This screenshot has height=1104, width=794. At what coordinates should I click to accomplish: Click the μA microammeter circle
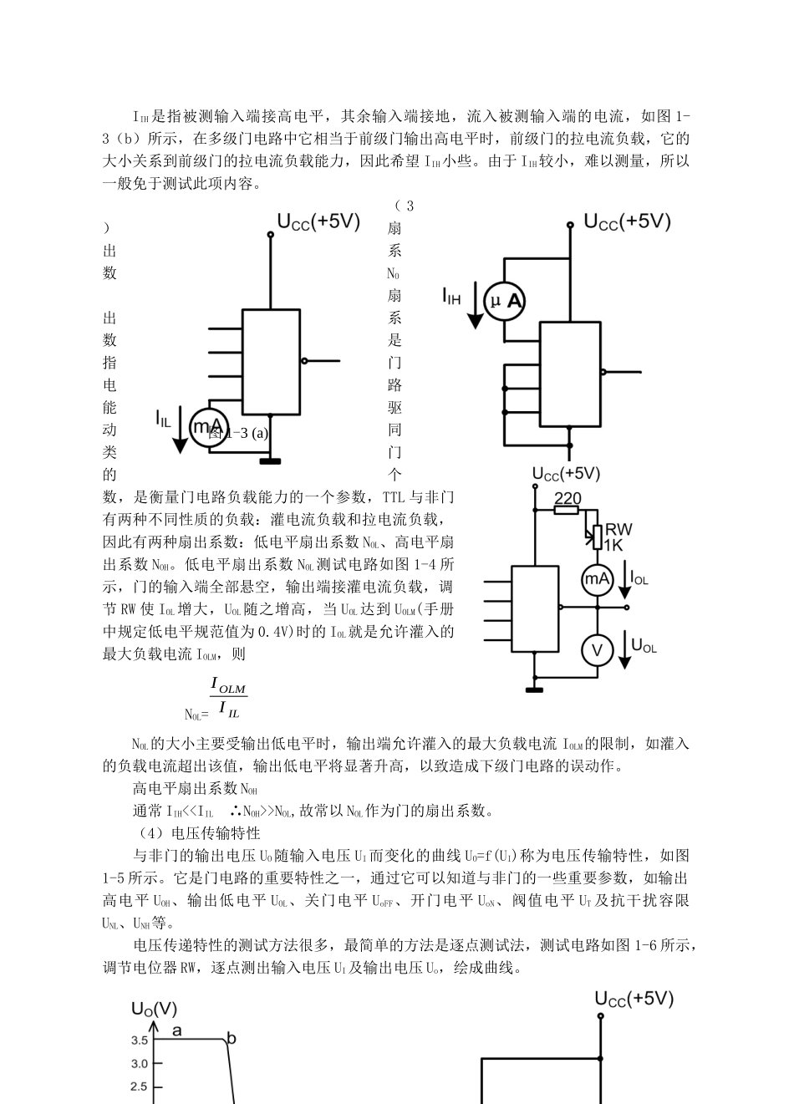(x=506, y=302)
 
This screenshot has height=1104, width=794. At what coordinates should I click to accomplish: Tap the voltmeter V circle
(x=598, y=650)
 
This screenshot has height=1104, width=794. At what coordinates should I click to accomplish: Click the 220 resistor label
(x=568, y=498)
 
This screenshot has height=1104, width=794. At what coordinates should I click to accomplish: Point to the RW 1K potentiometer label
(x=618, y=537)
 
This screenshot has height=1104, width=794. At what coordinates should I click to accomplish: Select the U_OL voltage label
(x=644, y=645)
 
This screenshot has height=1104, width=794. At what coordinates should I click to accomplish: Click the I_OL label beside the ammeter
(x=639, y=577)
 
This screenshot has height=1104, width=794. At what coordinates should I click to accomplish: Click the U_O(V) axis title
(x=154, y=1009)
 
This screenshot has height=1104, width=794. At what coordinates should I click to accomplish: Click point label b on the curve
(x=232, y=1039)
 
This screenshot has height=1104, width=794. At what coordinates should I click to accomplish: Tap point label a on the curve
(x=177, y=1030)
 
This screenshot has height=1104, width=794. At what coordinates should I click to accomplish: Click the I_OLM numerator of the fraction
(x=228, y=687)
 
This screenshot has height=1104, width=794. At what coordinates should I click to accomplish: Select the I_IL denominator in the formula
(x=228, y=711)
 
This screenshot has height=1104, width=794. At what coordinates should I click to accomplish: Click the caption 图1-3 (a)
(x=239, y=433)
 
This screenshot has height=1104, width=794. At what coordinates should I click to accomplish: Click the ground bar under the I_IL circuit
(x=270, y=460)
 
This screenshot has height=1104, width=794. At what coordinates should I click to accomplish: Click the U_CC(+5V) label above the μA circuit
(x=627, y=221)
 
